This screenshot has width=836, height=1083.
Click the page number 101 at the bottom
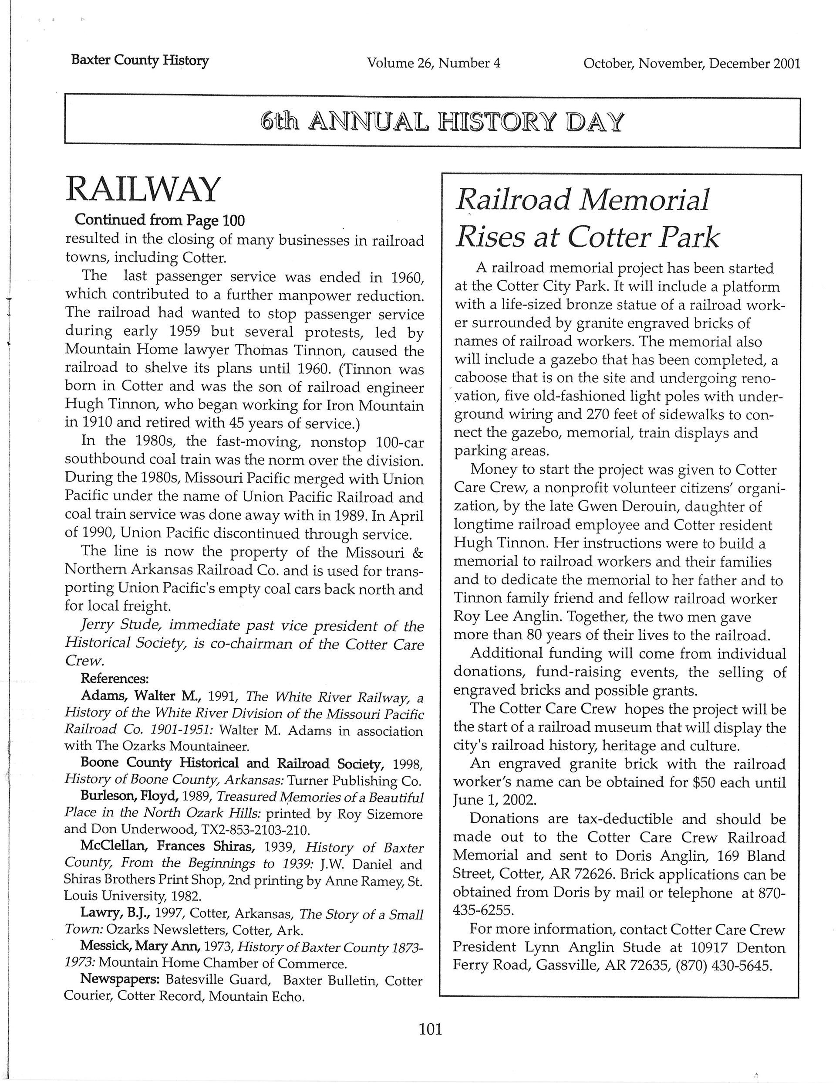click(x=430, y=1029)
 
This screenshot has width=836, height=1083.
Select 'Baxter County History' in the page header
click(x=140, y=61)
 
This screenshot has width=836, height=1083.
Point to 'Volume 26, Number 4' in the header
click(x=434, y=63)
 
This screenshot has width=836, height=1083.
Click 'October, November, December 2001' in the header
click(x=691, y=64)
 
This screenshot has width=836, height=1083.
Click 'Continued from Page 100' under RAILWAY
click(x=159, y=220)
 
